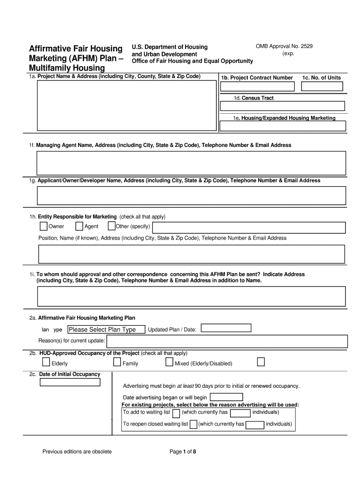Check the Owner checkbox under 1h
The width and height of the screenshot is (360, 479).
tap(43, 227)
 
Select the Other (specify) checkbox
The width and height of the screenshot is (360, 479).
tap(111, 227)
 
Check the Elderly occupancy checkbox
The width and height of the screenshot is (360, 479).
tap(46, 363)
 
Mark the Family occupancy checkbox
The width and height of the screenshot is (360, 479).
tap(117, 363)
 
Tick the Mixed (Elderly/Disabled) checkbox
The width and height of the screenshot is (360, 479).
tap(169, 363)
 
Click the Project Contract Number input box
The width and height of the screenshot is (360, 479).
tap(257, 87)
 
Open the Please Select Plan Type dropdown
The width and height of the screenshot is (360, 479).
tap(106, 330)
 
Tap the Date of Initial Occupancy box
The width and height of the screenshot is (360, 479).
tap(70, 382)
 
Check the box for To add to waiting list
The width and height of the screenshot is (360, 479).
tap(176, 413)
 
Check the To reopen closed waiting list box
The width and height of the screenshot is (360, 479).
tap(193, 425)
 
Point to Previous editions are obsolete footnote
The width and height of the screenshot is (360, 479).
tap(77, 451)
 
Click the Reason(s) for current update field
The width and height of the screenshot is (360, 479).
tap(227, 341)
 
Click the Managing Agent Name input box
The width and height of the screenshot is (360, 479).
tap(191, 163)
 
